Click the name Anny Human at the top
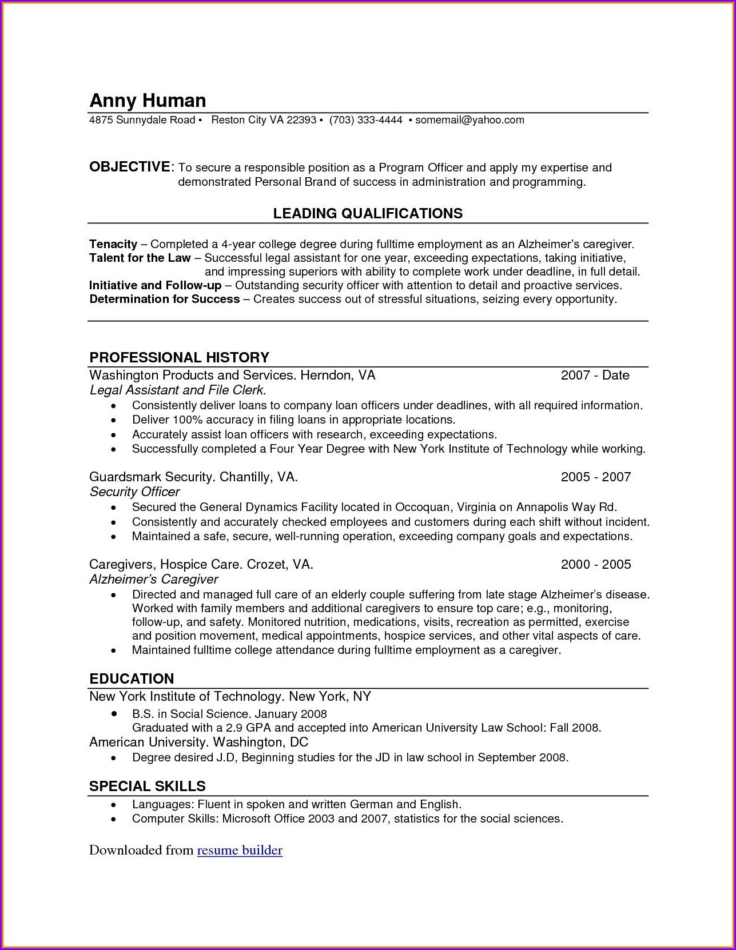click(148, 101)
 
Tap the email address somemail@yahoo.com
click(470, 120)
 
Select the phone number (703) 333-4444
click(366, 120)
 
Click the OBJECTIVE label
click(129, 167)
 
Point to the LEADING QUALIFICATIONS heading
click(368, 214)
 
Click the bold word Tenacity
click(113, 244)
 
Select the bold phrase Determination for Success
click(165, 299)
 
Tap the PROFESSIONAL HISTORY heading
click(179, 358)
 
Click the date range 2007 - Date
click(595, 376)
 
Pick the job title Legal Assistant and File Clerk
click(178, 390)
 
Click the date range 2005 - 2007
click(595, 477)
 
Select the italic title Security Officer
click(134, 492)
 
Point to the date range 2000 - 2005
click(595, 565)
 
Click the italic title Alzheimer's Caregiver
click(153, 580)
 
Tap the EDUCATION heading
click(132, 679)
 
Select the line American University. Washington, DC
click(198, 743)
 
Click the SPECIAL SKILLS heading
click(147, 787)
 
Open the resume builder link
click(240, 851)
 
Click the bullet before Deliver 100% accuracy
click(114, 420)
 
